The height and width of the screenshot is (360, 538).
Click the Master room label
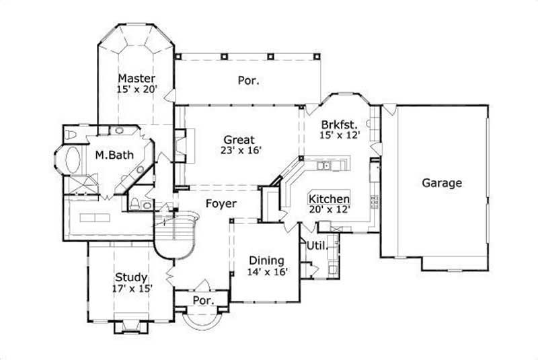point(137,77)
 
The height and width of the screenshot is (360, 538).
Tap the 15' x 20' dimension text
point(137,88)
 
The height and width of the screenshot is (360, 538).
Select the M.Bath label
point(114,155)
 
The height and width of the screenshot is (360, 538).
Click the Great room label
point(239,140)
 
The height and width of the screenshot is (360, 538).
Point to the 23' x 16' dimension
point(239,151)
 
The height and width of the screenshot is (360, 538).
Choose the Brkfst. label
point(338,124)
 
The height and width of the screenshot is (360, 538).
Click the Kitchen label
point(329,199)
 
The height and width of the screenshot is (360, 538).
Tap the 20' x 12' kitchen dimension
point(329,211)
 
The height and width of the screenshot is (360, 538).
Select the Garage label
point(442,182)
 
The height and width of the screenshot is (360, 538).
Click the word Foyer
point(220,203)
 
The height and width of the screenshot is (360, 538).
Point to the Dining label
point(266,260)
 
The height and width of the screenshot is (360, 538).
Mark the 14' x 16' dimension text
point(266,272)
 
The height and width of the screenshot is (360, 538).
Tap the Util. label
point(317,246)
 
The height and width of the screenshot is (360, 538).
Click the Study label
point(131,277)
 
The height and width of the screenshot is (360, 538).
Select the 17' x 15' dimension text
point(132,289)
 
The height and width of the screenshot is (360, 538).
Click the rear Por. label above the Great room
point(248,81)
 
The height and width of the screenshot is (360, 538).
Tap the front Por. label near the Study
point(202,300)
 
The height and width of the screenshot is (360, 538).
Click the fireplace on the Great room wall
point(180,144)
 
